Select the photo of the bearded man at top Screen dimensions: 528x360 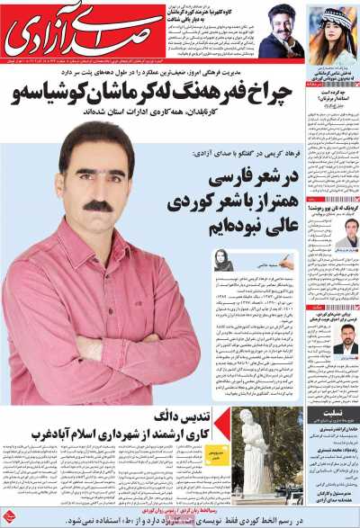click(281, 31)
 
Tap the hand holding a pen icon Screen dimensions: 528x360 click(285, 261)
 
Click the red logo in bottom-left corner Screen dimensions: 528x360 click(10, 515)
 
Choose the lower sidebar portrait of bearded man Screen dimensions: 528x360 click(344, 345)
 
